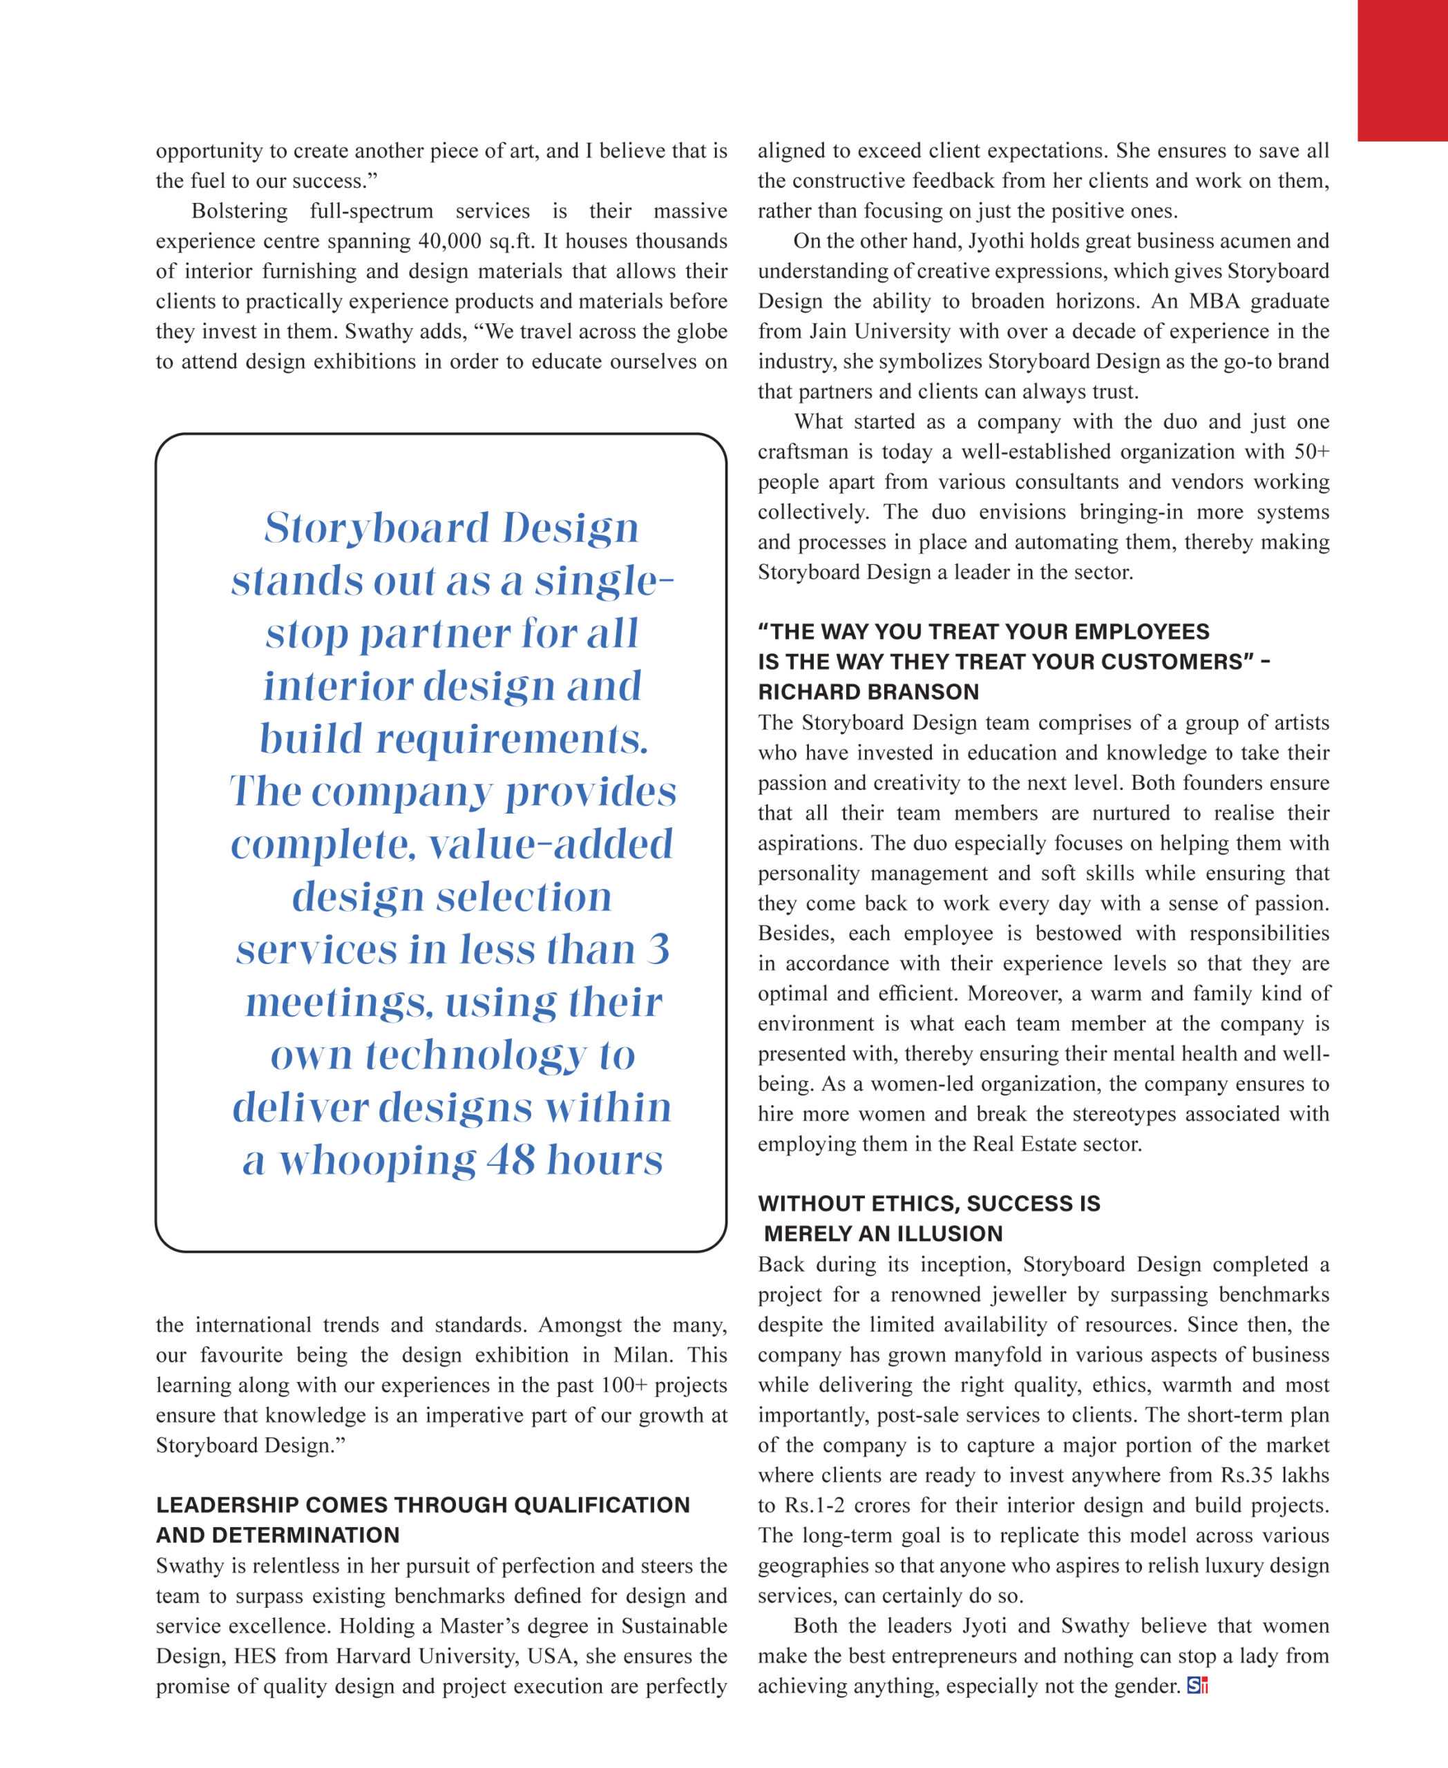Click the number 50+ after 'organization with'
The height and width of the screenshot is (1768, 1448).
1311,452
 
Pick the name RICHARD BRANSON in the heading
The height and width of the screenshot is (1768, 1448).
868,692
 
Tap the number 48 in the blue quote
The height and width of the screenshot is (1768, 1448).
511,1160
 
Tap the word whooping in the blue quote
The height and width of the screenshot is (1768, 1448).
377,1160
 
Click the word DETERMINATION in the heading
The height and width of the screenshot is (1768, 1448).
305,1535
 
